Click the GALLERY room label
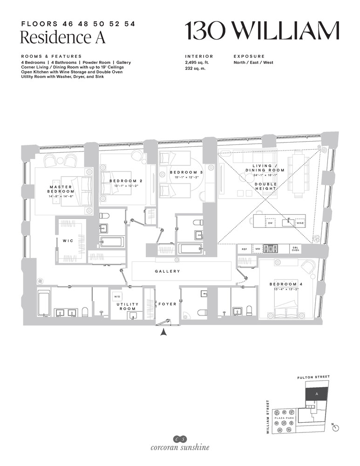pyautogui.click(x=167, y=271)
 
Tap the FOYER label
pyautogui.click(x=167, y=304)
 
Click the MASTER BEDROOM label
pyautogui.click(x=61, y=189)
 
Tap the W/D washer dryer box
pyautogui.click(x=116, y=296)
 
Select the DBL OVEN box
pyautogui.click(x=295, y=249)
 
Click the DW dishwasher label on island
pyautogui.click(x=270, y=224)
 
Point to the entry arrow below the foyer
pyautogui.click(x=163, y=332)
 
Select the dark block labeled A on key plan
pyautogui.click(x=317, y=394)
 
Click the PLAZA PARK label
pyautogui.click(x=285, y=418)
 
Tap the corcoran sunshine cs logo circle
pyautogui.click(x=180, y=439)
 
